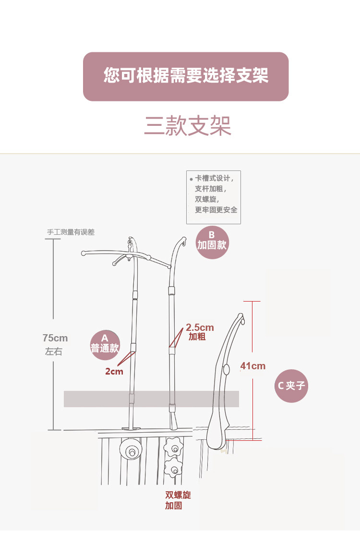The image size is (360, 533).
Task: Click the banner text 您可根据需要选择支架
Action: point(186,76)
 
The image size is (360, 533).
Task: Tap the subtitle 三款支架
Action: point(188,126)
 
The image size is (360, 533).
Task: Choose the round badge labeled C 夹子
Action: point(291,386)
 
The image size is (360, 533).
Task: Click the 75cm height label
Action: point(55,338)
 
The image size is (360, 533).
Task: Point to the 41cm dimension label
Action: point(253,366)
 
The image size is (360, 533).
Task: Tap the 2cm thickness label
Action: point(114,371)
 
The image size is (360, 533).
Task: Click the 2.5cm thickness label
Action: point(200,328)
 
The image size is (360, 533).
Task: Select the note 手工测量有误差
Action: point(71,232)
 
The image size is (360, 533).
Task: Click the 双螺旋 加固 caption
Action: point(178,500)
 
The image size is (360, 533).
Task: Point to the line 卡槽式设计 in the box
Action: point(214,178)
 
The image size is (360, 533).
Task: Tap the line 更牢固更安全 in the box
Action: point(216,210)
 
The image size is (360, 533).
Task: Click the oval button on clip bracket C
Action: point(227,369)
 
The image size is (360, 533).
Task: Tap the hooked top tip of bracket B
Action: point(184,239)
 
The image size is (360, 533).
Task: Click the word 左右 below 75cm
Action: point(54,351)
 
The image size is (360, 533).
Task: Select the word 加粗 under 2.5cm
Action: point(197,337)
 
